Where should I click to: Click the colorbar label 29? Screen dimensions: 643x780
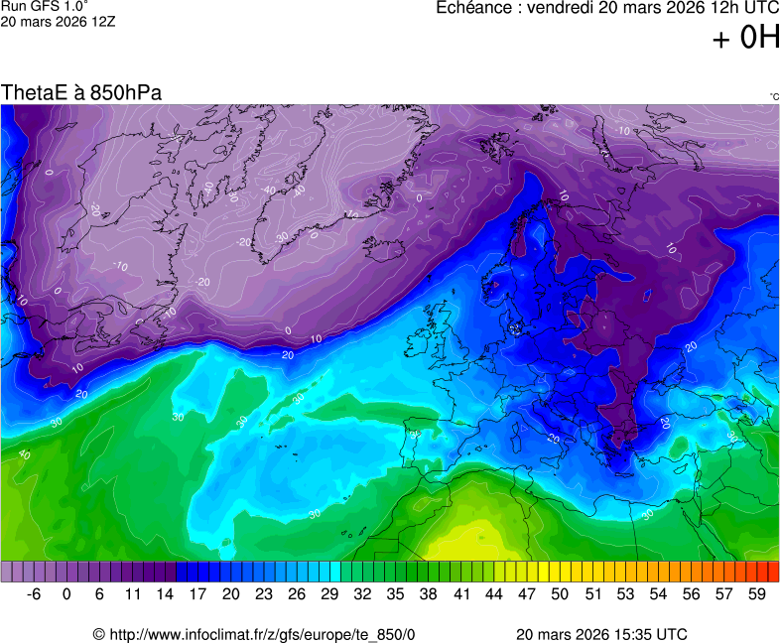(x=329, y=593)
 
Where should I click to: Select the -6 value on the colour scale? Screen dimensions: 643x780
(x=34, y=593)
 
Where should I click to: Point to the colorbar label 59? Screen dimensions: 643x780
(x=757, y=593)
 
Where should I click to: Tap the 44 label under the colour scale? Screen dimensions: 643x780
(x=494, y=593)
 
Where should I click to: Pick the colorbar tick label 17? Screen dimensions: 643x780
(x=197, y=593)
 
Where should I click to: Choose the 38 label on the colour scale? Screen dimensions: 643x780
(x=429, y=593)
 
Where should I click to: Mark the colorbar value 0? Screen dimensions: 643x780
(x=66, y=593)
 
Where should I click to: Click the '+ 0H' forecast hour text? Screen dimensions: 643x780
(x=745, y=38)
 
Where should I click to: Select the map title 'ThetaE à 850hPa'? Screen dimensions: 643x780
(x=81, y=92)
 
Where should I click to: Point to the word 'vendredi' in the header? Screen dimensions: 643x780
(x=557, y=8)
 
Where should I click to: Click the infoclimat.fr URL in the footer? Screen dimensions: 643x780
(x=254, y=634)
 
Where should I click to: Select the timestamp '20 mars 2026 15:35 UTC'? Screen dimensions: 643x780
(x=601, y=634)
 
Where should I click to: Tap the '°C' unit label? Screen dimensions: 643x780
(x=773, y=96)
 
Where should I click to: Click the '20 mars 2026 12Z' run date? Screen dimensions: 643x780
(x=58, y=21)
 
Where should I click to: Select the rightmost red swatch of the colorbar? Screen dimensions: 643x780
(x=773, y=572)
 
